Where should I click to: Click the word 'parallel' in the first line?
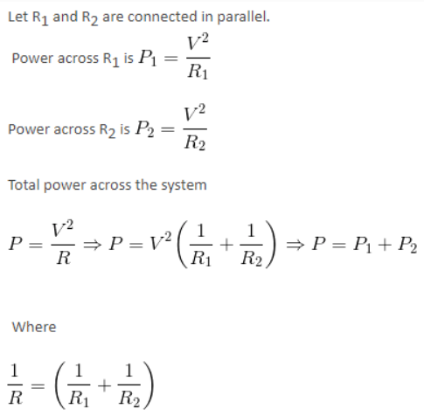(243, 17)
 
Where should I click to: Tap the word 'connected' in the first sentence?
(163, 17)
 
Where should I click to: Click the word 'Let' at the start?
(18, 17)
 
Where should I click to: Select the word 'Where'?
(34, 327)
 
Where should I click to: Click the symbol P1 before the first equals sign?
(148, 58)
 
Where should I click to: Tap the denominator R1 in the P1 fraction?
(198, 72)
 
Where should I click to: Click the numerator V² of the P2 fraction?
(194, 114)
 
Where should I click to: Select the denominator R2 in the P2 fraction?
(195, 142)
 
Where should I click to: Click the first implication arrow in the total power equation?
(93, 245)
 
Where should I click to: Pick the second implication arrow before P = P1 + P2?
(295, 245)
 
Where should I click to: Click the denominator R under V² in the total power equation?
(63, 258)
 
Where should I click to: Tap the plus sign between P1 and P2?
(385, 245)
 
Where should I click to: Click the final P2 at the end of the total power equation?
(407, 245)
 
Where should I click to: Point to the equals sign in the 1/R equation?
(38, 386)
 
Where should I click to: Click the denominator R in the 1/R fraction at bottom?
(15, 398)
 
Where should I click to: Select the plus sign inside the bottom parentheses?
(104, 385)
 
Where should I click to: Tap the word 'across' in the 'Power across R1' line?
(78, 59)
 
